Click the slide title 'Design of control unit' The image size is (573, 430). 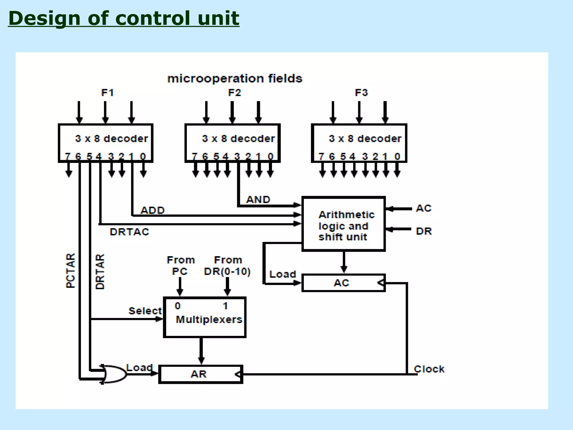click(124, 18)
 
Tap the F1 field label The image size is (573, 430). click(107, 93)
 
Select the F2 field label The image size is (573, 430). click(234, 93)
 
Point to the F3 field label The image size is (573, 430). click(361, 93)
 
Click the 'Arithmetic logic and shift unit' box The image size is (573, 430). click(344, 224)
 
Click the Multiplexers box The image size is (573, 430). click(205, 317)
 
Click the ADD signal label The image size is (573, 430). click(152, 210)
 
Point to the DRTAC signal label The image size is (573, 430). click(129, 232)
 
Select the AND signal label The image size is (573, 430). click(258, 200)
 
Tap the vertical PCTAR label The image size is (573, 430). click(71, 271)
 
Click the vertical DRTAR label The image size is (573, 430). click(100, 272)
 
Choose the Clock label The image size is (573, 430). click(429, 369)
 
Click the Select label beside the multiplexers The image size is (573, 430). click(145, 311)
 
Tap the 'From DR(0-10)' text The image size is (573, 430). click(227, 266)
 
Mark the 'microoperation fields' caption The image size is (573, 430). click(235, 79)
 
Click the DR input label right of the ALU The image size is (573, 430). click(424, 231)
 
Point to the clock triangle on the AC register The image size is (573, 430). click(381, 283)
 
